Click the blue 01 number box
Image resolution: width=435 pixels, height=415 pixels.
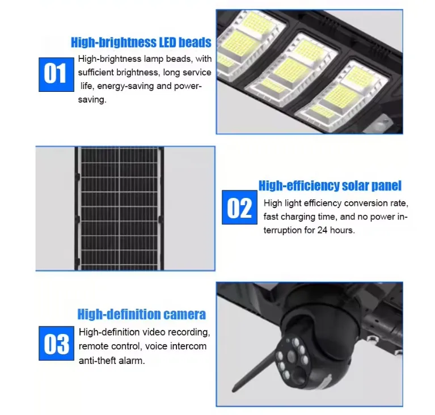56,74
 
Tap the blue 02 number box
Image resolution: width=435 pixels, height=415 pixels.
239,207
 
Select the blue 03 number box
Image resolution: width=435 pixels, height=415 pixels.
56,343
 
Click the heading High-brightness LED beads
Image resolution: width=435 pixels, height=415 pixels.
141,43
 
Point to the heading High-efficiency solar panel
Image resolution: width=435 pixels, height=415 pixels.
330,185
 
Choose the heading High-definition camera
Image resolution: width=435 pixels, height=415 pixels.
141,314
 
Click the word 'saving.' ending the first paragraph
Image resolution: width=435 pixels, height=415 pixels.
92,100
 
